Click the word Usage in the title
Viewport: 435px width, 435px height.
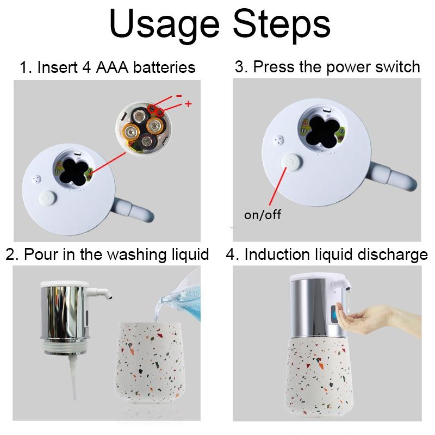pos(164,25)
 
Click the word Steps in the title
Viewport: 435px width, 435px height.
pos(282,24)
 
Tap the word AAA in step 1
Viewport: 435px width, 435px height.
pos(112,67)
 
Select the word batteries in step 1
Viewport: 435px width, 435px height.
pos(164,67)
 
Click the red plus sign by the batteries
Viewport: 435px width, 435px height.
pos(188,104)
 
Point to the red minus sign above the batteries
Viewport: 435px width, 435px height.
pos(179,96)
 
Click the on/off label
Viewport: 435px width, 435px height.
pos(263,214)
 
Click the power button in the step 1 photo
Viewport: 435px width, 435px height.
pos(48,198)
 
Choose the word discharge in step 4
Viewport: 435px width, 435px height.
pos(393,254)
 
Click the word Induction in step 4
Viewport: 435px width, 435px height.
pos(277,254)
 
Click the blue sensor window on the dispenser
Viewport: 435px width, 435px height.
pos(334,315)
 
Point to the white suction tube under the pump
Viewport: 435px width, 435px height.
pos(73,377)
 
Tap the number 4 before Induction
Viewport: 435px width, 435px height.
pos(231,254)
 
